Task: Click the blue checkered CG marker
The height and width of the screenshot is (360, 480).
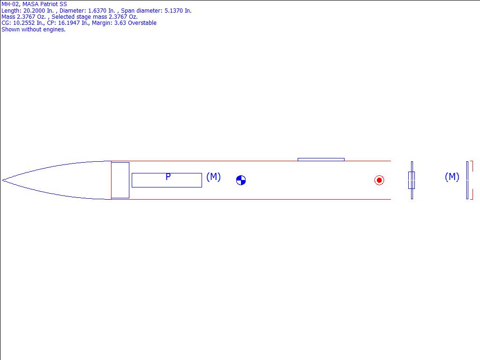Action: (x=241, y=180)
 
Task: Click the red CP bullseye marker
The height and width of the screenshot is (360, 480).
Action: (x=379, y=180)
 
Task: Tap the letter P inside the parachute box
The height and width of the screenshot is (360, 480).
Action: (x=168, y=177)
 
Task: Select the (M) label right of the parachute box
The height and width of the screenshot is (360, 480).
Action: (x=213, y=177)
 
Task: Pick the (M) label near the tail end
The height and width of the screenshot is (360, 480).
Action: (x=452, y=177)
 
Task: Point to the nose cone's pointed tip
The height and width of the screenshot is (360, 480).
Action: (x=2, y=180)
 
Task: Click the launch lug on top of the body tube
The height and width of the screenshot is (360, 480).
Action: (x=321, y=159)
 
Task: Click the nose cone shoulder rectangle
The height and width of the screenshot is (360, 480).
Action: (x=120, y=180)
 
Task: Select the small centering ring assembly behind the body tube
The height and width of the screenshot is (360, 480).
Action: (x=412, y=180)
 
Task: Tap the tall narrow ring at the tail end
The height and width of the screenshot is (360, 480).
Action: (x=467, y=180)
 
